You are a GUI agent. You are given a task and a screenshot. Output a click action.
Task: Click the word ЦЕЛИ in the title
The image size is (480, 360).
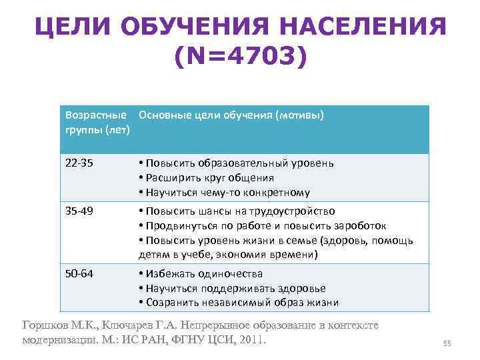point(73,27)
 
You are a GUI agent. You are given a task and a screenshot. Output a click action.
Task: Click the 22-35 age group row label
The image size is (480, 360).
point(78,163)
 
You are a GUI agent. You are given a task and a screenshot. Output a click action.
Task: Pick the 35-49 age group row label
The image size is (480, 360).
point(78,211)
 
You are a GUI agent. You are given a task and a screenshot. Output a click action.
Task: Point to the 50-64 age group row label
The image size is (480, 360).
point(78,273)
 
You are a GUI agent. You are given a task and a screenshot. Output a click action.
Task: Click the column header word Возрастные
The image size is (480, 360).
point(96,115)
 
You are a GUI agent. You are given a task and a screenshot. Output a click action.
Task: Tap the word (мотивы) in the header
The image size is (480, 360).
point(298,115)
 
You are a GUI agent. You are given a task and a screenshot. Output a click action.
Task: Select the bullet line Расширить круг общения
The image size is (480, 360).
point(206,178)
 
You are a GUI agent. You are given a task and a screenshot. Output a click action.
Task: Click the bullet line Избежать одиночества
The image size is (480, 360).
point(201,273)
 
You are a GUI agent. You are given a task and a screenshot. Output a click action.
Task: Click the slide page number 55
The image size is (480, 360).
point(447,344)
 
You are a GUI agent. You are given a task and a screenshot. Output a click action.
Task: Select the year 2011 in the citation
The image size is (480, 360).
point(251,339)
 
